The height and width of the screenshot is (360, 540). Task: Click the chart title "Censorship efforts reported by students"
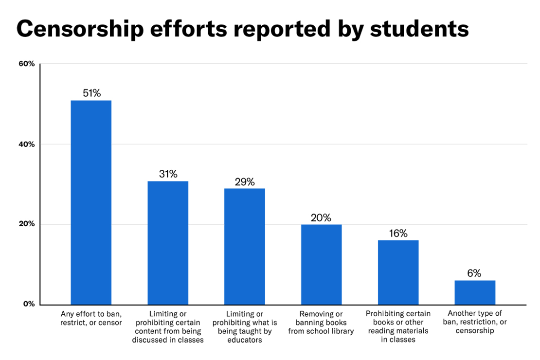click(x=242, y=29)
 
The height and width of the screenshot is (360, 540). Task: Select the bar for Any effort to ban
click(x=91, y=202)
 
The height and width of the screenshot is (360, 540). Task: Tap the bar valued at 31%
click(x=168, y=243)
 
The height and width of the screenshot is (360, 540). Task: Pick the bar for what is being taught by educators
click(x=245, y=247)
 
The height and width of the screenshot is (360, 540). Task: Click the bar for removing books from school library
click(x=322, y=265)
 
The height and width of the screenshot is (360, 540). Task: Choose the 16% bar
click(x=398, y=272)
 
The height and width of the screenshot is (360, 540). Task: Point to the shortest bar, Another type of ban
click(x=475, y=292)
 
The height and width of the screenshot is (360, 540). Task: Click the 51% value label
click(x=91, y=93)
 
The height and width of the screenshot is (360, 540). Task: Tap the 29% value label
click(x=245, y=182)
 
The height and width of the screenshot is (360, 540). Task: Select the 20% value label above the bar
click(x=322, y=217)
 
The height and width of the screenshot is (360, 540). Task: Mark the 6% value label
click(x=474, y=273)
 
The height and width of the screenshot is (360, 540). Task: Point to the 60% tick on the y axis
click(x=27, y=64)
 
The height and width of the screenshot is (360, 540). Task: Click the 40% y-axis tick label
click(x=27, y=144)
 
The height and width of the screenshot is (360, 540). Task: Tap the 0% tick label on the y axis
click(x=29, y=304)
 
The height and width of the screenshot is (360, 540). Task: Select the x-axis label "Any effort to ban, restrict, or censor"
click(x=91, y=318)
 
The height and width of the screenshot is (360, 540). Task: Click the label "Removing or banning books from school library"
click(x=321, y=323)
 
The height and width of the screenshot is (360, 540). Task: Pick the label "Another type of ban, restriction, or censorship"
click(x=475, y=322)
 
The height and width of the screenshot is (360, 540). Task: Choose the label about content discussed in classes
click(x=168, y=327)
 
